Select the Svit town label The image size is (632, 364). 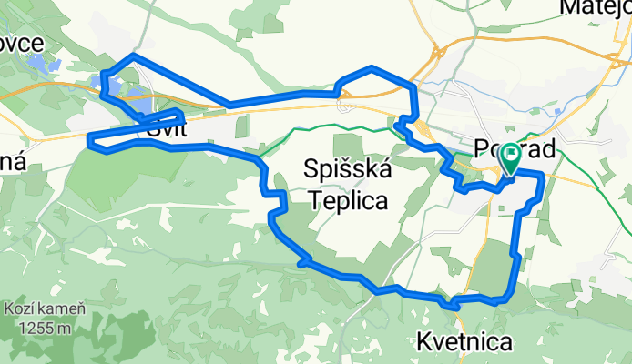[x=164, y=131]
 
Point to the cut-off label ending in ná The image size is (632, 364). [x=15, y=159]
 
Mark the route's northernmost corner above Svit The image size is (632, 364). [x=134, y=56]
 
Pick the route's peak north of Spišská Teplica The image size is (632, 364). [x=372, y=68]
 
